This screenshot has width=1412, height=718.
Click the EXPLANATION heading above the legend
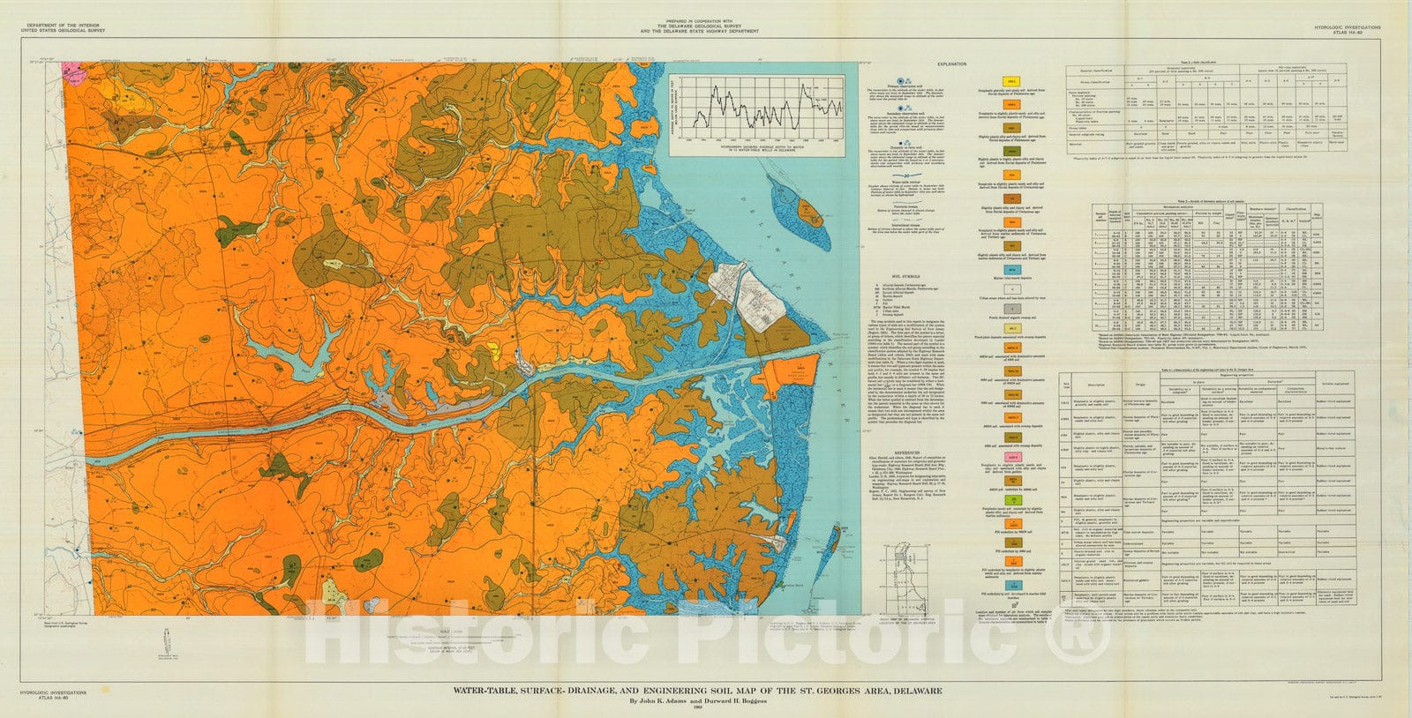[951, 64]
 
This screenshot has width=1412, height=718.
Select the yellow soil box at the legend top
[989, 82]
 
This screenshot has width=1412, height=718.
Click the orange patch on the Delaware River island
[807, 212]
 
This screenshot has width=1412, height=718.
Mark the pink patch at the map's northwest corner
[71, 68]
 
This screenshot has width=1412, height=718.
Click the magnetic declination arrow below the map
[168, 640]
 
